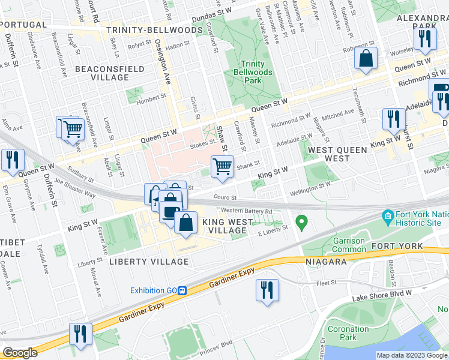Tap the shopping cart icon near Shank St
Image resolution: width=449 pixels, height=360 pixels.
tap(222, 166)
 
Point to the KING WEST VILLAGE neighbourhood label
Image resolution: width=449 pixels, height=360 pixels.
tap(228, 226)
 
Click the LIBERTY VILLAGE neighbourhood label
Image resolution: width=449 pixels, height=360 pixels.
tap(149, 262)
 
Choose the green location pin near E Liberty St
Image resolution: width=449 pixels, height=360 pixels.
tap(303, 224)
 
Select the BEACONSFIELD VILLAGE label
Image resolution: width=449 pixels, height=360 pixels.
tap(110, 73)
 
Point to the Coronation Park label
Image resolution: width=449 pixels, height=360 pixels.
tap(348, 333)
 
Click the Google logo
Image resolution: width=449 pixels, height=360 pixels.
tap(20, 353)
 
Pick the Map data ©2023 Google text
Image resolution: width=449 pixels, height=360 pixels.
tap(411, 355)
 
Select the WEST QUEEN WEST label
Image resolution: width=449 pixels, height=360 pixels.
tap(328, 154)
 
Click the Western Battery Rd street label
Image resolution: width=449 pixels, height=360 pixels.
tap(246, 211)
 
